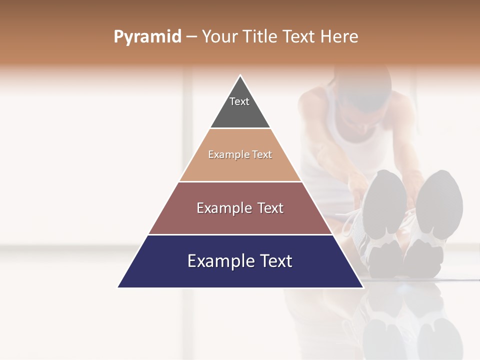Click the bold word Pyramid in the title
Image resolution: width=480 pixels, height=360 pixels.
coord(147,37)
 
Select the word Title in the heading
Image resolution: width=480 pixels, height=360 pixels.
coord(260,37)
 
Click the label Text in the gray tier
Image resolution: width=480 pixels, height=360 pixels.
coord(239,101)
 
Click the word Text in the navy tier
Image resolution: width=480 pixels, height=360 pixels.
coord(275,261)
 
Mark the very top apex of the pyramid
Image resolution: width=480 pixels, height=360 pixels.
coord(240,76)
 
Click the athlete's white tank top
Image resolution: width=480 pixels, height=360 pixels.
coord(350,140)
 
